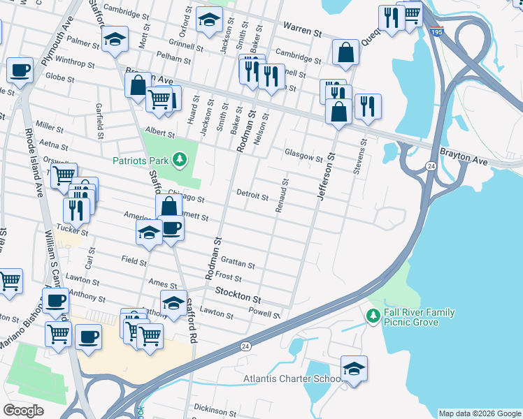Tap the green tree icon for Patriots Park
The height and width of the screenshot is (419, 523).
click(180, 161)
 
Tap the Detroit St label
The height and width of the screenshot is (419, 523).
click(252, 196)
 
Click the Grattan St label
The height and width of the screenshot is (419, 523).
click(238, 265)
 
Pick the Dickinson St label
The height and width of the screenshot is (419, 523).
click(213, 407)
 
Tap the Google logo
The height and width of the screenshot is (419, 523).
click(23, 411)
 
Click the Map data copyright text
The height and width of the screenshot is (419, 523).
click(479, 413)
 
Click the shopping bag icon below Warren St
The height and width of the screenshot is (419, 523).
click(345, 52)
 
